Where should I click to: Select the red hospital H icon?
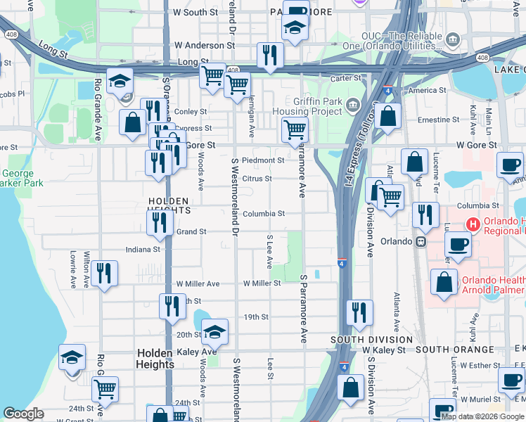click(x=473, y=226)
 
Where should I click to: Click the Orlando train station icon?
click(x=421, y=241)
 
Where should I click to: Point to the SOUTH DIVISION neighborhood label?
click(x=372, y=340)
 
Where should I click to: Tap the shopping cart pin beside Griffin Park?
click(x=295, y=129)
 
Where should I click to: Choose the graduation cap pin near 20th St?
click(x=214, y=331)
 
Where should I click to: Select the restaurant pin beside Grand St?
click(x=160, y=222)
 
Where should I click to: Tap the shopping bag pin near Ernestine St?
click(x=387, y=115)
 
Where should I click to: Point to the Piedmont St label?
click(x=263, y=160)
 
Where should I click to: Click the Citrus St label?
click(x=257, y=179)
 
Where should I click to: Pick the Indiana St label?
click(x=143, y=249)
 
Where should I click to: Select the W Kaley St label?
click(x=386, y=350)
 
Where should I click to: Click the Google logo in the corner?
click(x=23, y=414)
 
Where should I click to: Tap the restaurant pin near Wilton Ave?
click(x=104, y=273)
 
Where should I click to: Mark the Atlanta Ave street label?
click(x=397, y=312)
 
